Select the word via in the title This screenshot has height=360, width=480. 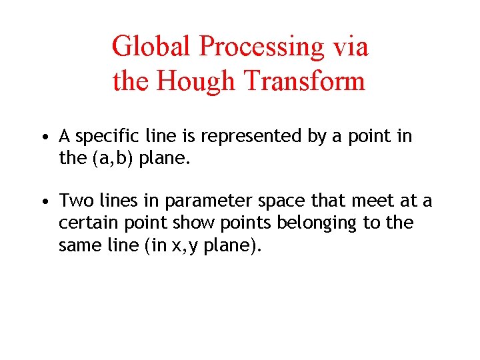tap(351, 47)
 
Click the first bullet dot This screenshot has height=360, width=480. tap(43, 138)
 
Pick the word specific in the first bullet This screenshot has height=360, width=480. tap(103, 137)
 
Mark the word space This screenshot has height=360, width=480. tap(262, 201)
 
